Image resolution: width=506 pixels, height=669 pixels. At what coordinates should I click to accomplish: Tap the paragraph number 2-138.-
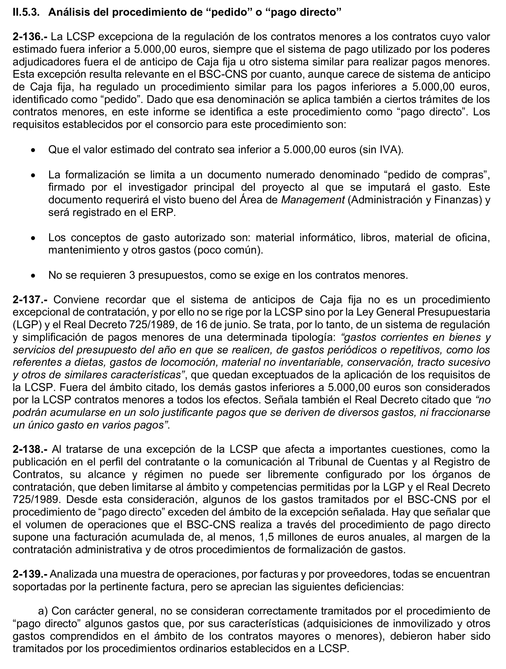pos(30,449)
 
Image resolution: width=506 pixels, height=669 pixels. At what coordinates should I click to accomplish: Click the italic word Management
pos(313,200)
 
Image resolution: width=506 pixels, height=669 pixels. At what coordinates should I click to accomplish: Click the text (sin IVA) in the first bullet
pos(381,150)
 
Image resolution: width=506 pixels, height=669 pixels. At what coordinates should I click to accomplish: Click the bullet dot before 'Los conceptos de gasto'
pos(34,238)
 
